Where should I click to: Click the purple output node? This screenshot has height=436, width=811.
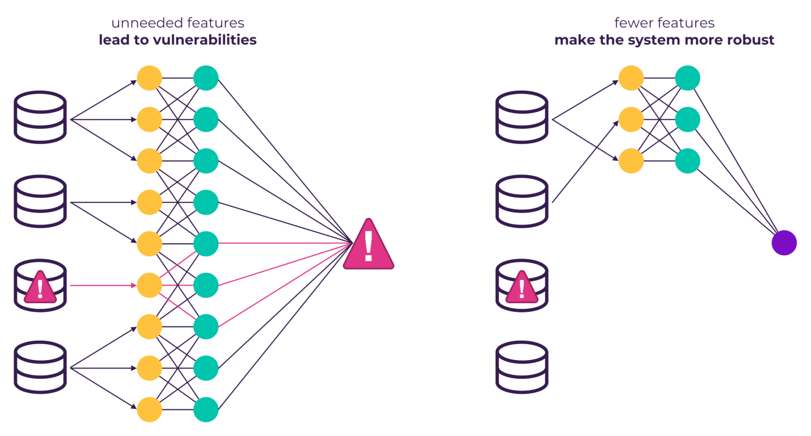[x=784, y=243]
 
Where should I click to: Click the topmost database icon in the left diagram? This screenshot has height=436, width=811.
[x=40, y=117]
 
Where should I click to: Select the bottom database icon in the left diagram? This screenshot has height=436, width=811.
[x=40, y=367]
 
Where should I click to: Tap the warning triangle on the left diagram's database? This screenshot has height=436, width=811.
[x=40, y=288]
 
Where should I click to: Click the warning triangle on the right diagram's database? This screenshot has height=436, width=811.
[x=522, y=288]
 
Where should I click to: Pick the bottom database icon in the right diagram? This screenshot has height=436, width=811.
[x=522, y=367]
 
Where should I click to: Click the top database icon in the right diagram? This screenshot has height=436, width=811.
[x=522, y=117]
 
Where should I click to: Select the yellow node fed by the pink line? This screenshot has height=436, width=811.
[x=150, y=285]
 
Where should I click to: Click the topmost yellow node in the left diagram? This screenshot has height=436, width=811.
[x=150, y=78]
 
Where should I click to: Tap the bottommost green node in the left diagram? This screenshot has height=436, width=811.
[x=206, y=409]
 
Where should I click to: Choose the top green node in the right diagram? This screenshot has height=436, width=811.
[x=687, y=78]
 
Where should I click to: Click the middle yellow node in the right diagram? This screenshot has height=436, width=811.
[x=631, y=120]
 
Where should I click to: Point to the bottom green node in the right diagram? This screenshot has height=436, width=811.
[x=687, y=160]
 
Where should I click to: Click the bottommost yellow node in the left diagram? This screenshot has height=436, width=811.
[x=150, y=409]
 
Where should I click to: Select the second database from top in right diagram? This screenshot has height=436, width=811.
[x=522, y=201]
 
